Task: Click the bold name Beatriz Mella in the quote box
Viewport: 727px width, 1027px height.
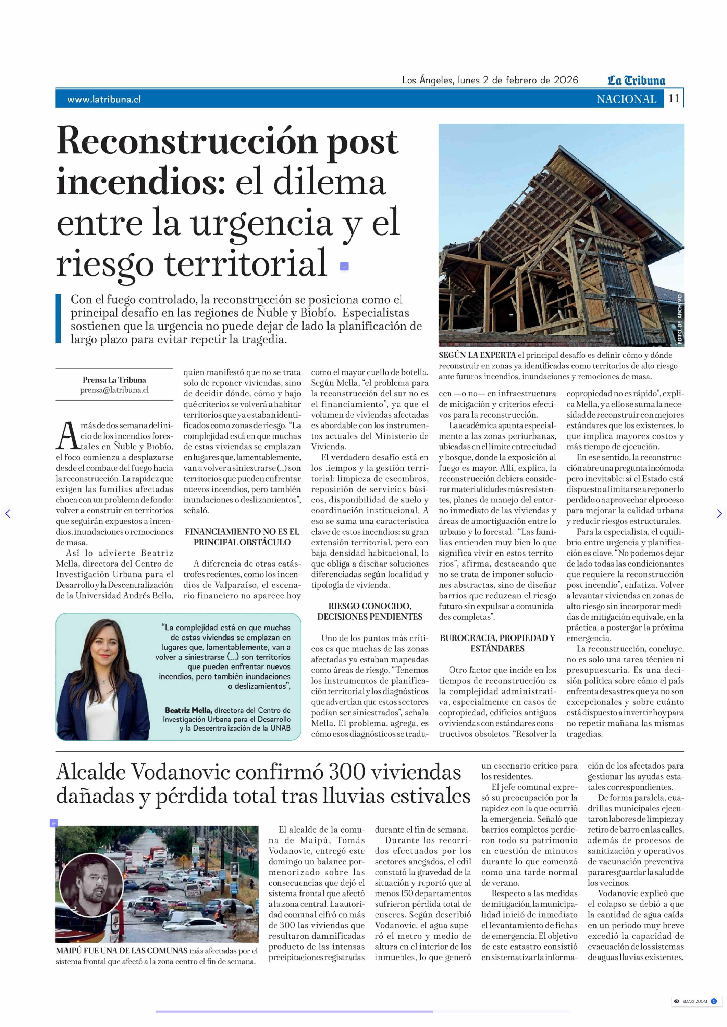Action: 188,710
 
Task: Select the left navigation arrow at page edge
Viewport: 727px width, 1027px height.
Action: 8,514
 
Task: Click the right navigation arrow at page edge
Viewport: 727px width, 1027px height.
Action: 719,514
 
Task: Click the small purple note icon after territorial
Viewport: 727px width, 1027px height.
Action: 344,267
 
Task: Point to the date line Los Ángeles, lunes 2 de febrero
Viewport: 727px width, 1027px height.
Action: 490,81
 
